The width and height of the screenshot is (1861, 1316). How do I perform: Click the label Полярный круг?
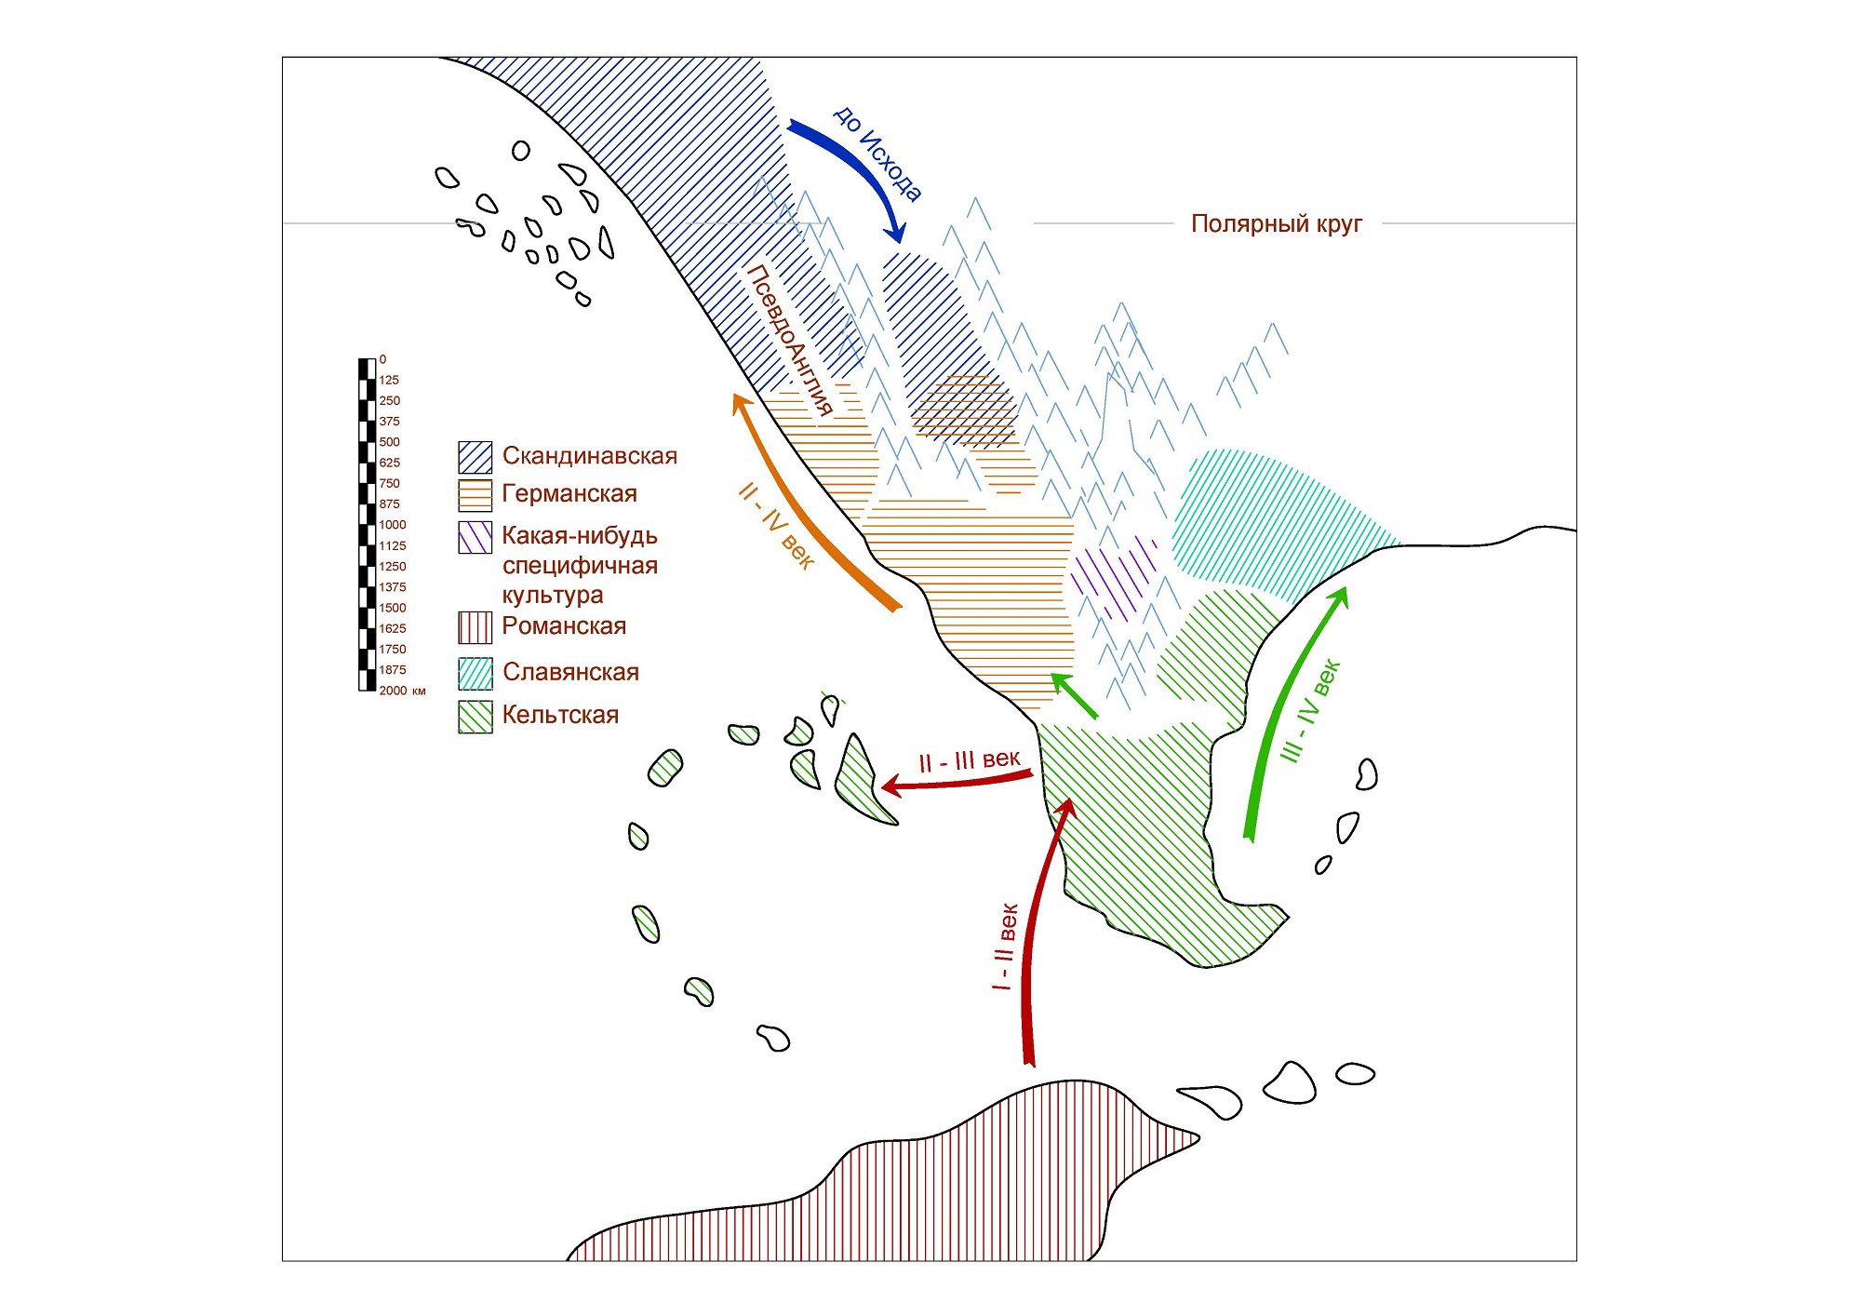[x=1276, y=223]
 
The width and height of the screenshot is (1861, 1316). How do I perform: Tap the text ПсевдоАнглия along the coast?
[x=789, y=340]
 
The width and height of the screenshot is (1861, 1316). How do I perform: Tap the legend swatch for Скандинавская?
[x=475, y=457]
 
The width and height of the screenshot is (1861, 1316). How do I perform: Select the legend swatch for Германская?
[x=475, y=495]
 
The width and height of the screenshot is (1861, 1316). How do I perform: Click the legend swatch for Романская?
[x=475, y=627]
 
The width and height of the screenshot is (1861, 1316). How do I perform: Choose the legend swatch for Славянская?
[x=475, y=673]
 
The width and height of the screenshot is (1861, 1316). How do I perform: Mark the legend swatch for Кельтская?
[x=475, y=717]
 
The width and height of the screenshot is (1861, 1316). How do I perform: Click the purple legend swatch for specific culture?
[x=475, y=538]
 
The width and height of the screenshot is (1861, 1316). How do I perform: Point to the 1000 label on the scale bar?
[x=392, y=525]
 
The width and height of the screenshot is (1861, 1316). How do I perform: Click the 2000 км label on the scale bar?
[x=402, y=691]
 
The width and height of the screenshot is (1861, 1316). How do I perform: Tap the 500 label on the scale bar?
[x=389, y=442]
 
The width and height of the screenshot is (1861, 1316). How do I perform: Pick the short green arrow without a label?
[x=1074, y=694]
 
